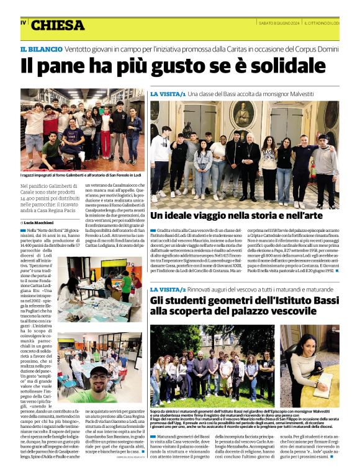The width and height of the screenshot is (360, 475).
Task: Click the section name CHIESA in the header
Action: pyautogui.click(x=57, y=25)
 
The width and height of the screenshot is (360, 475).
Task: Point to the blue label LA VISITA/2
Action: pyautogui.click(x=168, y=290)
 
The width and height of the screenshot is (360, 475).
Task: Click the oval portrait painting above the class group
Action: pyautogui.click(x=243, y=114)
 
